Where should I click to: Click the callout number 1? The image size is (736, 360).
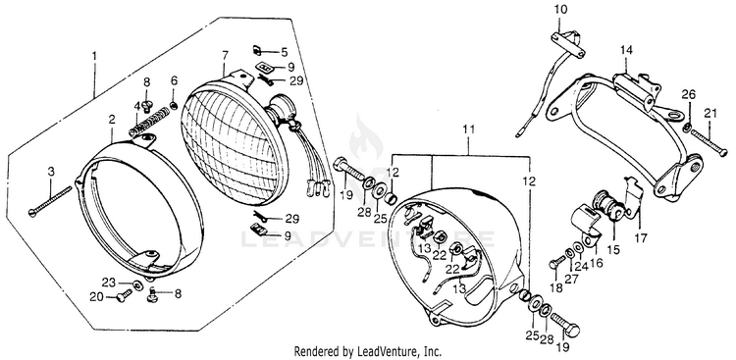click(94, 56)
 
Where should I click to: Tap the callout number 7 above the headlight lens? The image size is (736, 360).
click(225, 56)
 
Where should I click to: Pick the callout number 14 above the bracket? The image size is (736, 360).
click(626, 50)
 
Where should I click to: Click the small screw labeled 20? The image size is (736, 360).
click(124, 295)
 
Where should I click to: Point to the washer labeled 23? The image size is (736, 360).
click(137, 284)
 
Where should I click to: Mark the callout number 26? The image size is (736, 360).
click(689, 94)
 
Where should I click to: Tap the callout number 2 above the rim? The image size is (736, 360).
click(112, 120)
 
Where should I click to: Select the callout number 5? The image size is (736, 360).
click(285, 51)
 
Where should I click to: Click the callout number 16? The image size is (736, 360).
click(596, 262)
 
